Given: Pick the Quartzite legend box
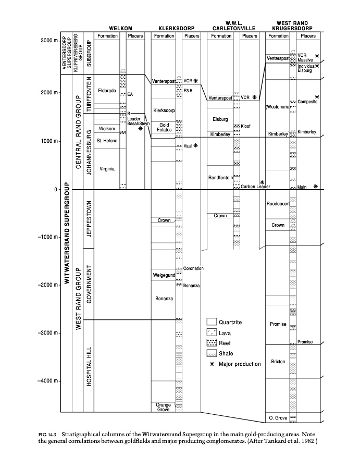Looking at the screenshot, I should [x=212, y=322].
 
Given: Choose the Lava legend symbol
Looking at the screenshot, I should [x=212, y=332].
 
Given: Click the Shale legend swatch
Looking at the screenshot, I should [x=212, y=353].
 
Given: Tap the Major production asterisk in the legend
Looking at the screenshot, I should [x=212, y=364].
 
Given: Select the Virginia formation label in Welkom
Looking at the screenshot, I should [x=106, y=168].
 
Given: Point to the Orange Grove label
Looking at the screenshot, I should [x=163, y=407].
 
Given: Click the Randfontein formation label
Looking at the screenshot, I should [x=220, y=177].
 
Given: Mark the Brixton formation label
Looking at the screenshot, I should [x=278, y=361].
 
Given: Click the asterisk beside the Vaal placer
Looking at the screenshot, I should [x=195, y=146].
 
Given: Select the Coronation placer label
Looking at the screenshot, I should [x=193, y=268].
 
